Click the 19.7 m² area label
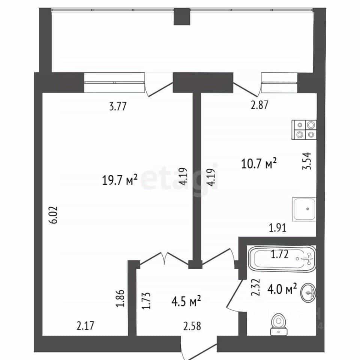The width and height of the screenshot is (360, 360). [120, 180]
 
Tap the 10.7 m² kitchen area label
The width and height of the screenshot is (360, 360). [259, 163]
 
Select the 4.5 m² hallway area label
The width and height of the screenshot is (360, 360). [186, 301]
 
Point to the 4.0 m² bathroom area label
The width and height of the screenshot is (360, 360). [282, 289]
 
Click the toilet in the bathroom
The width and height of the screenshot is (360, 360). [279, 324]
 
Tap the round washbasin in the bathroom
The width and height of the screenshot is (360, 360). [308, 292]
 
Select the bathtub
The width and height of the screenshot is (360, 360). [282, 259]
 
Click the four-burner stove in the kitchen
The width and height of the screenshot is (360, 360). [304, 130]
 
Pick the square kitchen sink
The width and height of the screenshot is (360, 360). [304, 209]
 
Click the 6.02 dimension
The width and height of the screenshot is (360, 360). [54, 215]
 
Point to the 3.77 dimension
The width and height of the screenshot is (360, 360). [118, 106]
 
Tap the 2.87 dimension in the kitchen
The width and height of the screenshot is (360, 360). [259, 105]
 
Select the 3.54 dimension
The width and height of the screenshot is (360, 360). [306, 161]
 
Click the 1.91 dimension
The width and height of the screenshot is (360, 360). [277, 228]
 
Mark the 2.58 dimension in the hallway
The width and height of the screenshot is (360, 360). [192, 326]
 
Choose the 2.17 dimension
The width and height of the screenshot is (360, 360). [85, 326]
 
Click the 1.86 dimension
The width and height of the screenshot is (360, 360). [120, 298]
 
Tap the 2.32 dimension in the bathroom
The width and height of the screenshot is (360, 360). [255, 287]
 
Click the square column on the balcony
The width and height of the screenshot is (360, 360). [182, 16]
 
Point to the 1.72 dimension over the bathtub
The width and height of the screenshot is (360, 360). [280, 254]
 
